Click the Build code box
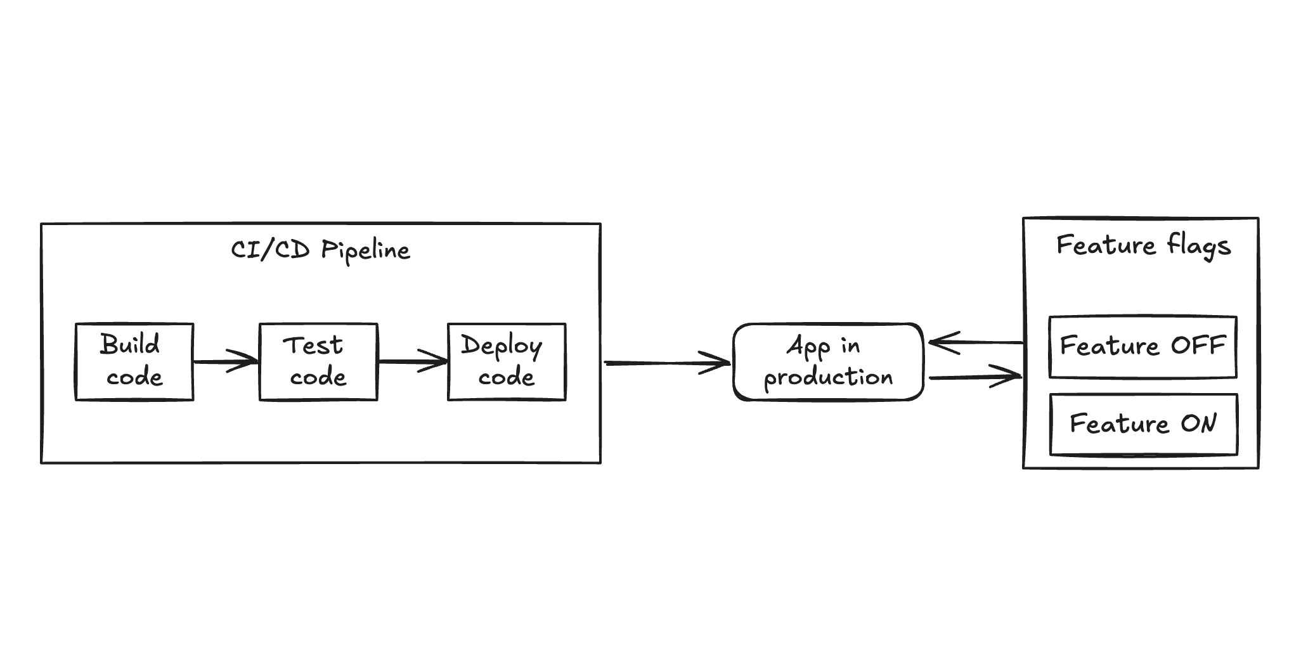(134, 362)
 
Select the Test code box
(318, 362)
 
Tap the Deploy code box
(506, 362)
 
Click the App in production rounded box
(827, 362)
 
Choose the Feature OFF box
(1142, 347)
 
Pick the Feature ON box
(1142, 424)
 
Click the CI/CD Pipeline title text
(320, 250)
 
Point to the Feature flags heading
(1142, 245)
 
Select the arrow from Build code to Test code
(226, 362)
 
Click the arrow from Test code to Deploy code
(412, 362)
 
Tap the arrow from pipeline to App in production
(666, 363)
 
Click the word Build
(130, 345)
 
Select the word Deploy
(501, 346)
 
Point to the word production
(828, 378)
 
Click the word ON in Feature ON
(1198, 423)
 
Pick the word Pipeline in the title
(365, 250)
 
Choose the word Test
(313, 346)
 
